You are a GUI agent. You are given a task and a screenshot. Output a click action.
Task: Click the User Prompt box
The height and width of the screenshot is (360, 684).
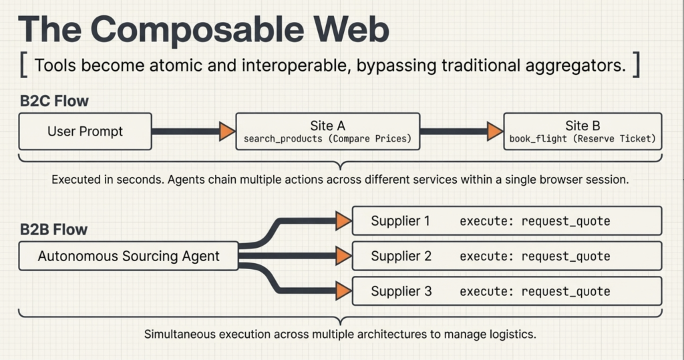[x=85, y=131]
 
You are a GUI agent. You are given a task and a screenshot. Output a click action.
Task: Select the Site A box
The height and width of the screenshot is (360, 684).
[x=327, y=131]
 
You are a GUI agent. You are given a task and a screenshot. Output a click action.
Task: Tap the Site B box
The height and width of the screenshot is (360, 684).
[x=582, y=131]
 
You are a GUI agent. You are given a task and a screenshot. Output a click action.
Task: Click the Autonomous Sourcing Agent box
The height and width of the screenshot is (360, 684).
[x=128, y=256]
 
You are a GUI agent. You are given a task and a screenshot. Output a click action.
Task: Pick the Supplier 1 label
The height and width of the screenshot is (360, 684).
[x=401, y=221]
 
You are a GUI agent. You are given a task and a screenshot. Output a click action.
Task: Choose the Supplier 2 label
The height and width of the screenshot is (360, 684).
[x=401, y=256]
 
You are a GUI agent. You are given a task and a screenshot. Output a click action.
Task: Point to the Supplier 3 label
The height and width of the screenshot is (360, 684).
[x=401, y=292]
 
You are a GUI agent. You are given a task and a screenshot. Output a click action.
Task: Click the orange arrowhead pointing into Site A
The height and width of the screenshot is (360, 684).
[x=228, y=132]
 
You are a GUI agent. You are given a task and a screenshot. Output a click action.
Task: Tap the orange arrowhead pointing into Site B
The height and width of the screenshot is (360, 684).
[x=495, y=132]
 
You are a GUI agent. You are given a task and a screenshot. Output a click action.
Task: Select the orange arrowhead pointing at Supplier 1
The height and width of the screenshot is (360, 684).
[x=344, y=220]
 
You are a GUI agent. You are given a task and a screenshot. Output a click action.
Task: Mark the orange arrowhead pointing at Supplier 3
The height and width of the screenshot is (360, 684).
[x=344, y=291]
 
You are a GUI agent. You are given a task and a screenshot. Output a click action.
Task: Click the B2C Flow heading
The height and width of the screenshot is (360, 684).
[x=54, y=102]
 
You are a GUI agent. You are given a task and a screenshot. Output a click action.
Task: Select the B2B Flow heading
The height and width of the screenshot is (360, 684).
[x=54, y=230]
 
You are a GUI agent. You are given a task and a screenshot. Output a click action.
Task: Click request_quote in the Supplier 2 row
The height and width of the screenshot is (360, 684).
[x=566, y=256]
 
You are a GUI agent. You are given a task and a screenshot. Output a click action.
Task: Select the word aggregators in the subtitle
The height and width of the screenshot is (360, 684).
[x=570, y=66]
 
